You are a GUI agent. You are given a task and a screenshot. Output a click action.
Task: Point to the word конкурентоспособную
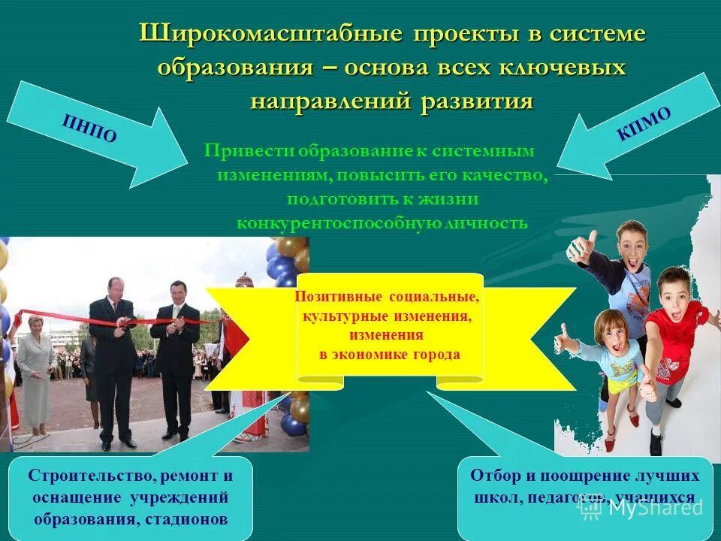click(321, 224)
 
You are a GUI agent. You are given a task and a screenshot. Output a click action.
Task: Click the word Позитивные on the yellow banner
click(332, 297)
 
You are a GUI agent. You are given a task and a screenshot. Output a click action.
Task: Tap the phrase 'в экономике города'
click(389, 355)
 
